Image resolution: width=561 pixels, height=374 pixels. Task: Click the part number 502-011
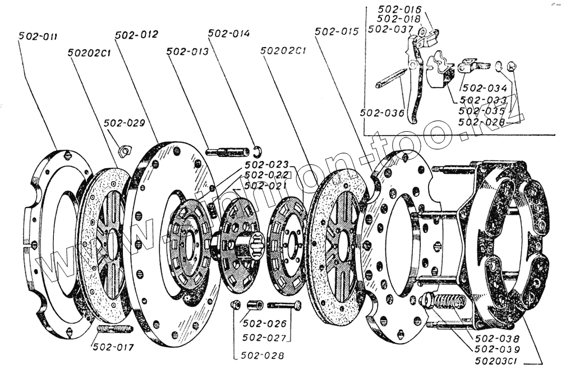pos(37,36)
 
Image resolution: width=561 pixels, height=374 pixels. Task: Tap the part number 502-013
pos(187,51)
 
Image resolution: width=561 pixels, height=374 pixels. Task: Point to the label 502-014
pos(229,34)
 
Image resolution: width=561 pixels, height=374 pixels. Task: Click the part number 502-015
pos(337,32)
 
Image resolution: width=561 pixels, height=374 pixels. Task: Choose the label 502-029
pos(124,123)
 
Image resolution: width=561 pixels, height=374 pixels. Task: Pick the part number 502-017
pos(113,347)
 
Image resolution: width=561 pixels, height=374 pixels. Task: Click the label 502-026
pos(265,324)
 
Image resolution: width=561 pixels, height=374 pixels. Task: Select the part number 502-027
pos(265,338)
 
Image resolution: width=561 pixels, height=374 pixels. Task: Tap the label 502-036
pos(382,113)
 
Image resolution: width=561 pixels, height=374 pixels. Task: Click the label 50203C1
pos(495,359)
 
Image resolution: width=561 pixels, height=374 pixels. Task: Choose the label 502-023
pos(266,164)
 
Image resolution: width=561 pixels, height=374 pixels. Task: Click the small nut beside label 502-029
pos(125,150)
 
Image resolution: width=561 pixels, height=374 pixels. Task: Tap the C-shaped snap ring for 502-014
pos(257,150)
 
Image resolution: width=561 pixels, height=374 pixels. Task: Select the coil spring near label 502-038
pos(448,306)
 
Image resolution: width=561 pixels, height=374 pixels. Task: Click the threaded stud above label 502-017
pos(114,329)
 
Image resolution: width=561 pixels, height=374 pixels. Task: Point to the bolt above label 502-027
pos(284,306)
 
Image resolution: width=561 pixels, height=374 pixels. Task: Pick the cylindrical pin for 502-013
pos(228,151)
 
